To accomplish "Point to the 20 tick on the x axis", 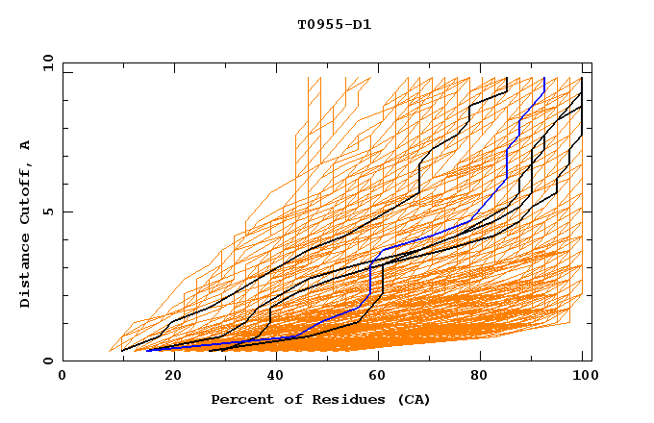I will click(x=167, y=376).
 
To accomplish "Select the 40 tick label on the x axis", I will click(x=271, y=376).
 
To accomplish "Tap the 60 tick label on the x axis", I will click(x=376, y=376).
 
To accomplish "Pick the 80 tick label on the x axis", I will click(x=480, y=376).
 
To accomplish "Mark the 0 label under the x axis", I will click(x=63, y=376).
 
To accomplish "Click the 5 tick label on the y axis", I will click(x=47, y=211).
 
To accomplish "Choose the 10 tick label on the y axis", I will click(x=43, y=62).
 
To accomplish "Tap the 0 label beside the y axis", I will click(x=47, y=361).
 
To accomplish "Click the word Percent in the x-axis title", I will click(x=240, y=399).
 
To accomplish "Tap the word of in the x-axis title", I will click(x=289, y=399).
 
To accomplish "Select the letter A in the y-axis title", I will click(x=25, y=144).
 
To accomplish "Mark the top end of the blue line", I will click(x=544, y=79).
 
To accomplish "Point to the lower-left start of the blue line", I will click(x=147, y=351).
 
